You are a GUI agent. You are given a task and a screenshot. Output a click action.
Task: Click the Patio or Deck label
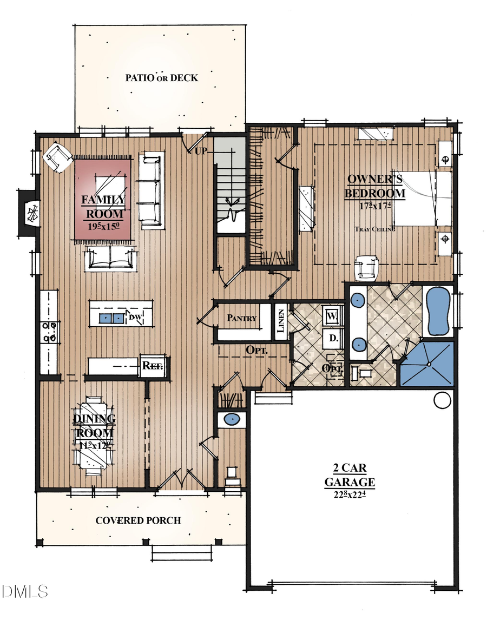tap(162, 78)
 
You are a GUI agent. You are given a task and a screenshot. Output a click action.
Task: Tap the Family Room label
tap(103, 206)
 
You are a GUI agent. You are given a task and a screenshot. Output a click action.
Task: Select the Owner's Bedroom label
tap(376, 186)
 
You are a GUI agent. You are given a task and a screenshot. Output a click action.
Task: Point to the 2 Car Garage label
tap(350, 474)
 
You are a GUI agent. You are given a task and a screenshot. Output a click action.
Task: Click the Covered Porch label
tap(138, 520)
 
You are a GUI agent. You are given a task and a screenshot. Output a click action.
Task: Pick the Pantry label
tap(241, 318)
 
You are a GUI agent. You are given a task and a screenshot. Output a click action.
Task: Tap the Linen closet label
tap(280, 322)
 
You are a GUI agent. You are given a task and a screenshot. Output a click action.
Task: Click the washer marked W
tap(332, 315)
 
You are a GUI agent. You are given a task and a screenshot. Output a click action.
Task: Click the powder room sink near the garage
tap(232, 419)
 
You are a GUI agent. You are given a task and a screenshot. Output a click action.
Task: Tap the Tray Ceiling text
tap(374, 229)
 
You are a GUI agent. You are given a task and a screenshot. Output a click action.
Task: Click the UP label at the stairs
tap(201, 151)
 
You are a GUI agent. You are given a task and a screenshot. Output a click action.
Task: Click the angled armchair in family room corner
tap(58, 157)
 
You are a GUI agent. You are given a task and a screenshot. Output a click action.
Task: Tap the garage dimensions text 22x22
tap(350, 493)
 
